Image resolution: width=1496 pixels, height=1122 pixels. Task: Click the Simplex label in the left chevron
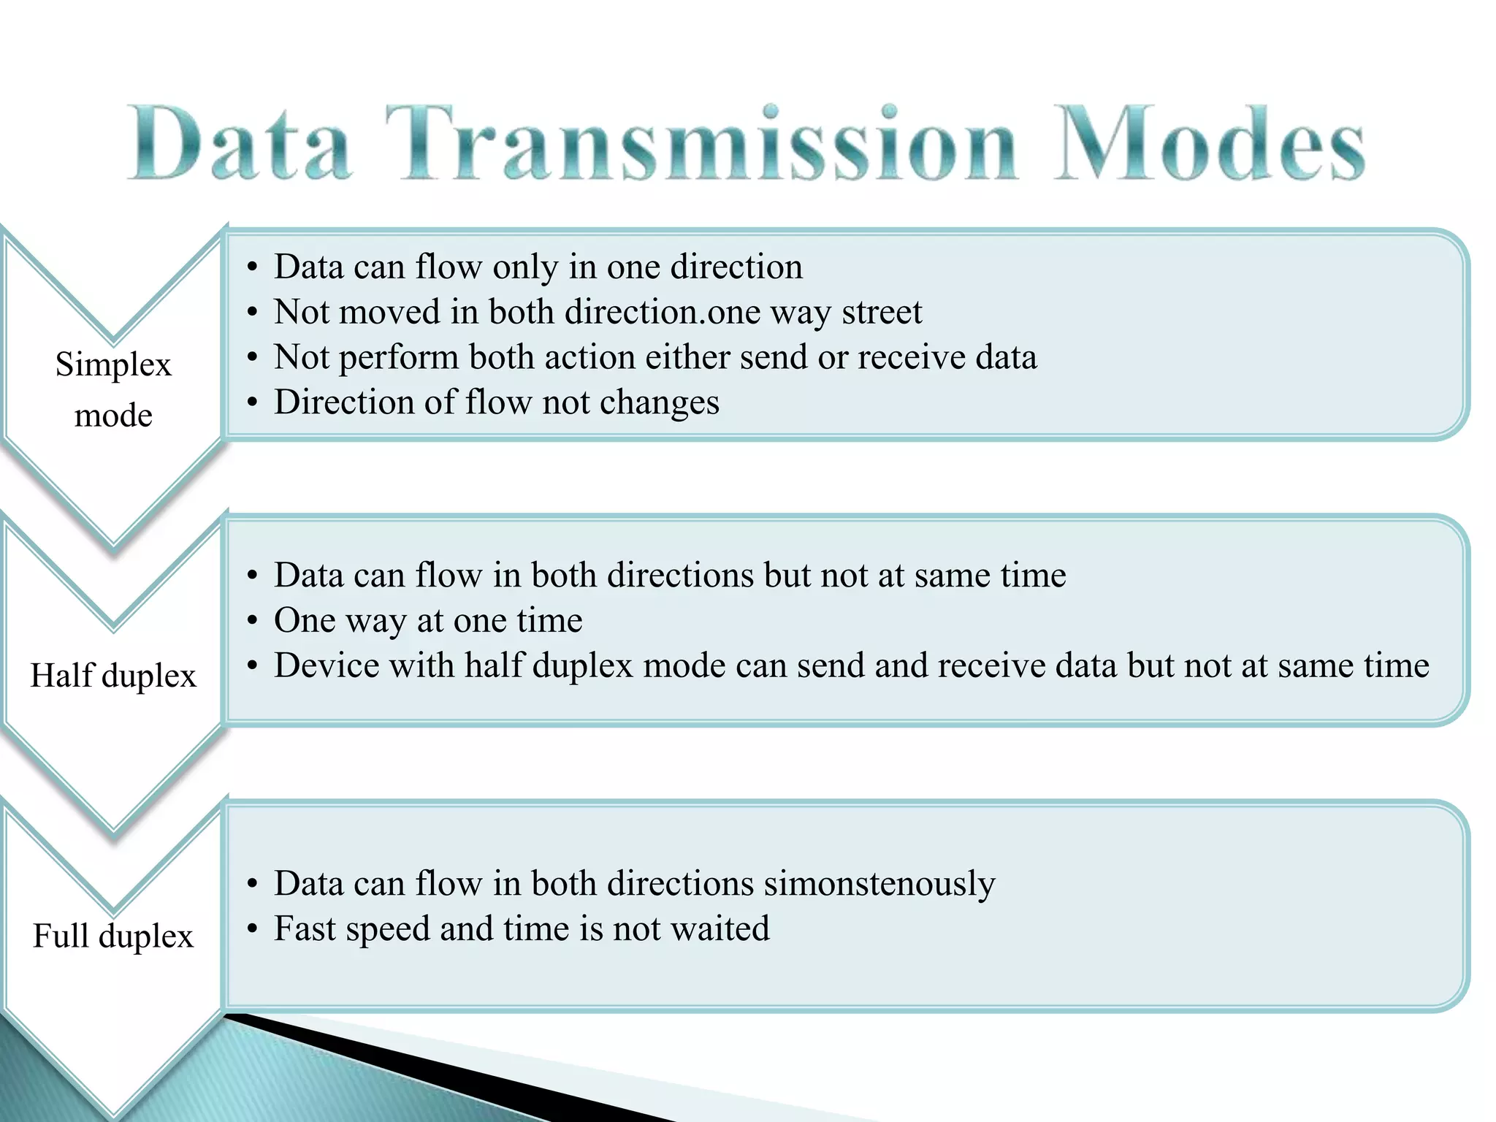(113, 365)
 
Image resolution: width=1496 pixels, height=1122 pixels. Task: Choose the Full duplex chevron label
(113, 936)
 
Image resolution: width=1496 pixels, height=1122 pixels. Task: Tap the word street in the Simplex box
(882, 313)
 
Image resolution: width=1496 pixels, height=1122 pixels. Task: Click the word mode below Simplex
(113, 416)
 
